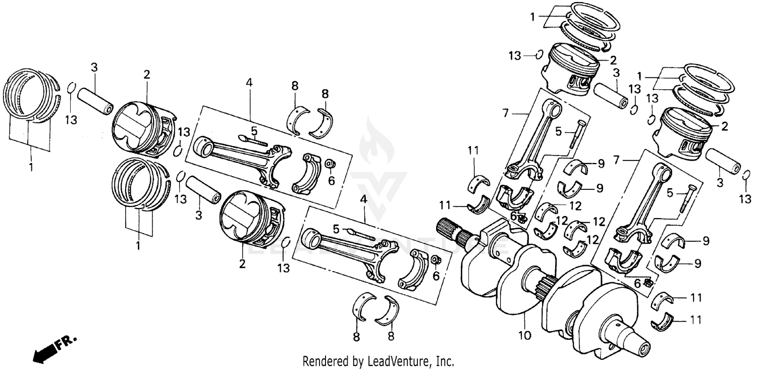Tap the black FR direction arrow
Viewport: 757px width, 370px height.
pyautogui.click(x=44, y=351)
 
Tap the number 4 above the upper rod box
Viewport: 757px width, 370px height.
pyautogui.click(x=248, y=82)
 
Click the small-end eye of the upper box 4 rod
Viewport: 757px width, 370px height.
pyautogui.click(x=205, y=147)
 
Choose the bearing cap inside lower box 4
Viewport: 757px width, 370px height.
pyautogui.click(x=413, y=269)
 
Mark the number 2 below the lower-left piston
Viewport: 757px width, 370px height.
pyautogui.click(x=242, y=264)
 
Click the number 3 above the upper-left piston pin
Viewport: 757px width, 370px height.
pyautogui.click(x=94, y=67)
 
